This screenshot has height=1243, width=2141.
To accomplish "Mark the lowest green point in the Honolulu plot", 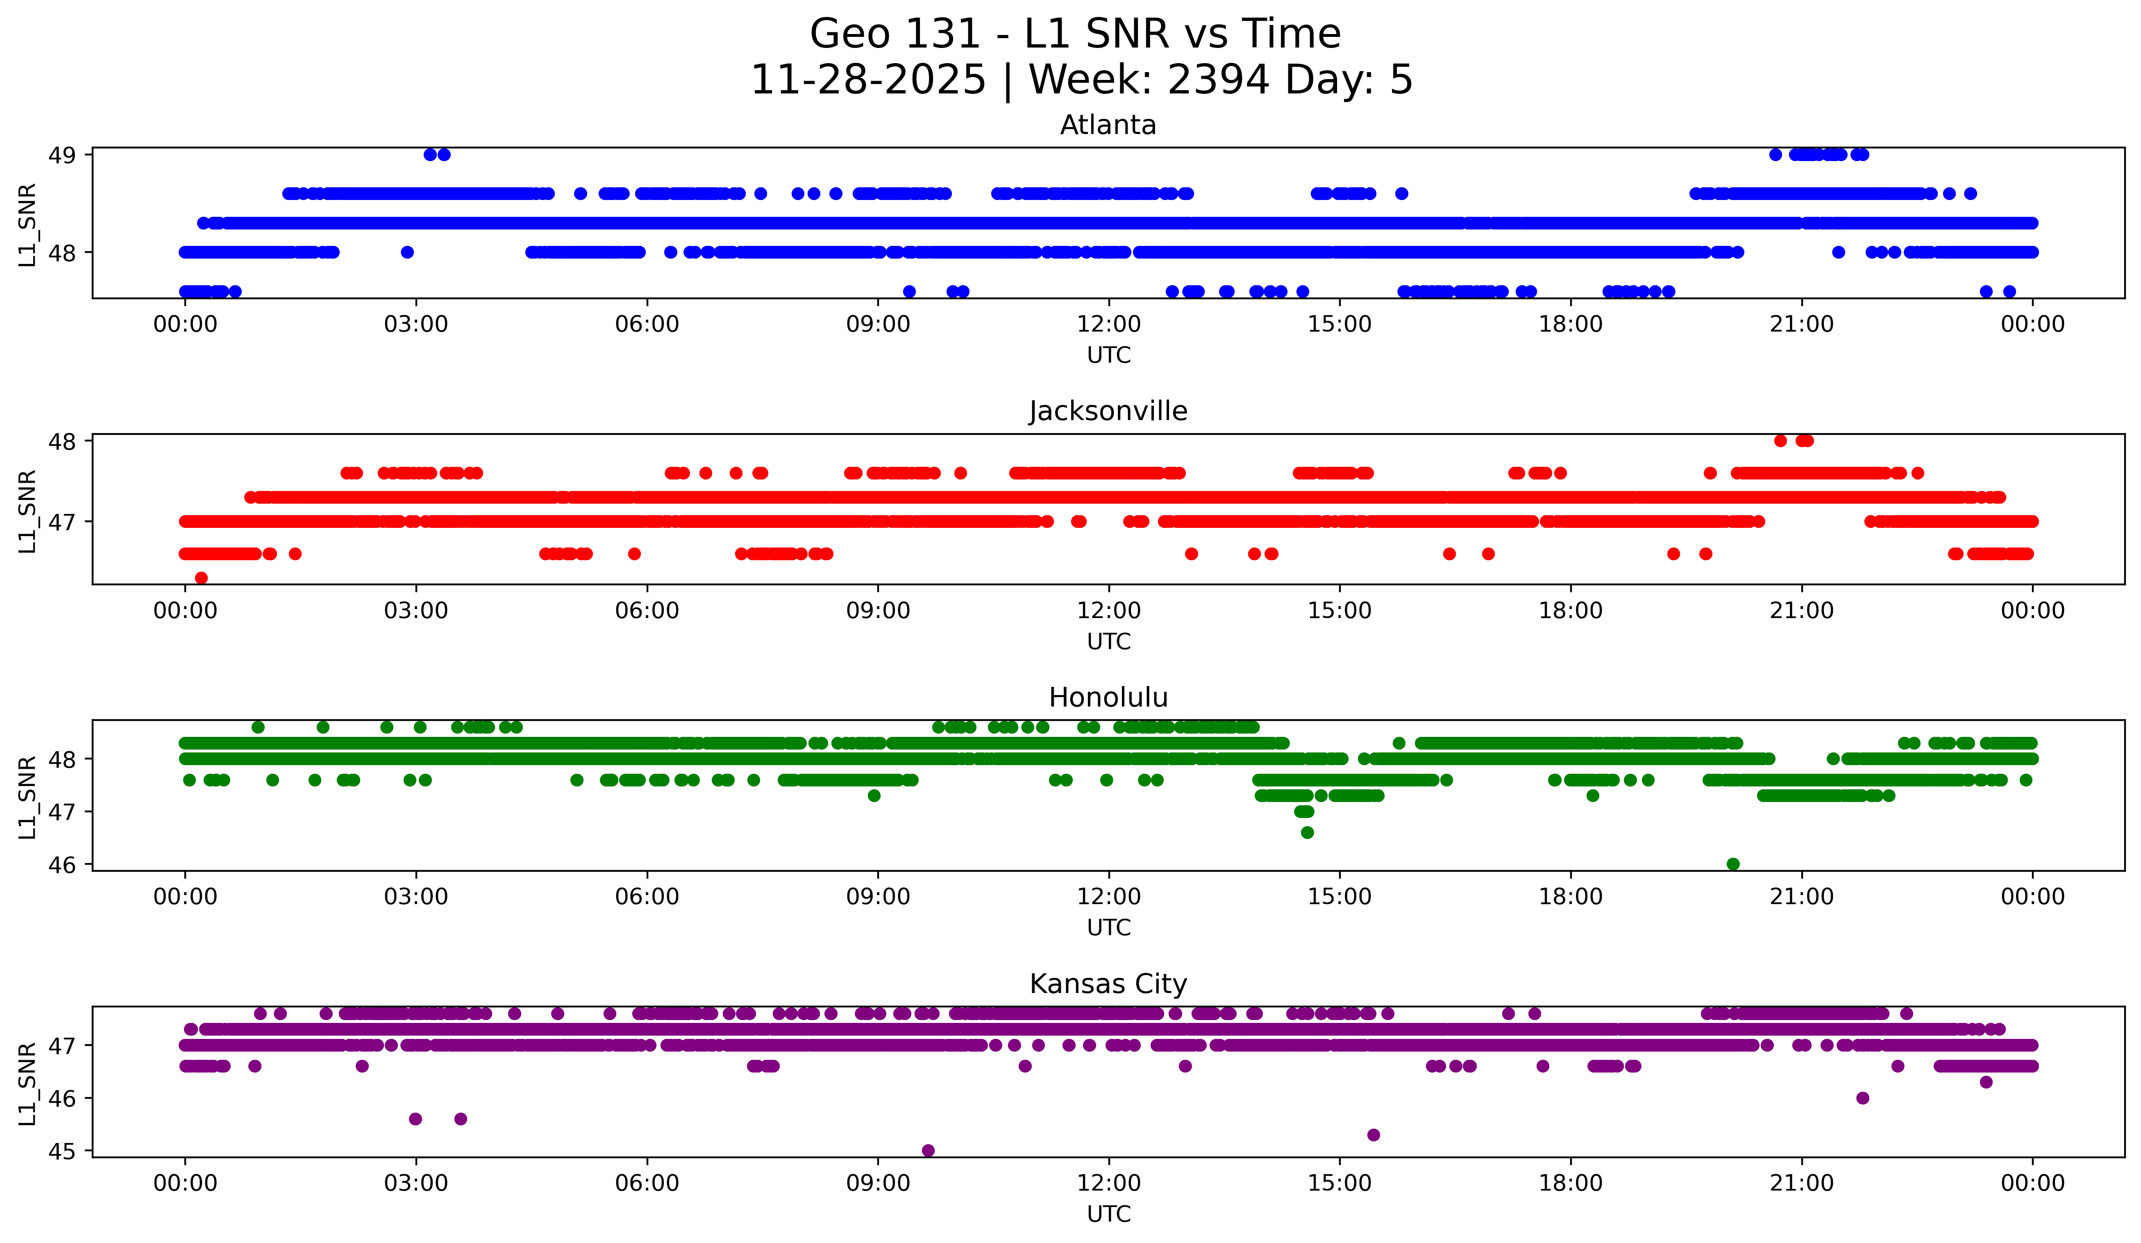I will (x=1733, y=864).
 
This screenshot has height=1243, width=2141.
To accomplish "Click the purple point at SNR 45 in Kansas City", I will (x=928, y=1150).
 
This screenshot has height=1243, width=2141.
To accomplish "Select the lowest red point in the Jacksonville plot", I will (x=201, y=578).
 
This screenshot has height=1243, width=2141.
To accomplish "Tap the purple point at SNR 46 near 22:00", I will (x=1862, y=1098).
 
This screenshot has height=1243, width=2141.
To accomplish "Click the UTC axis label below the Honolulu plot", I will (x=1109, y=928).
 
